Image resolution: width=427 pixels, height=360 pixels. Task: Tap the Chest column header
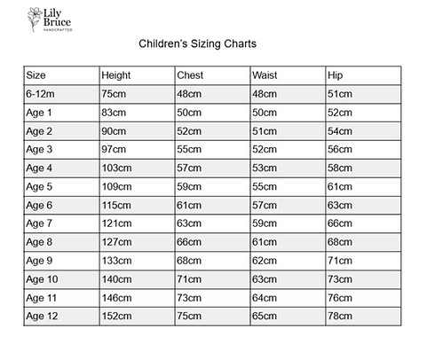tap(191, 74)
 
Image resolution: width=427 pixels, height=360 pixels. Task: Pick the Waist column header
tap(265, 74)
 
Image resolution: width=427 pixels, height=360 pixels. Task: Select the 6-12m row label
tap(41, 93)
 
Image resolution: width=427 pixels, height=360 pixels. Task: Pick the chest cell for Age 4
tap(189, 168)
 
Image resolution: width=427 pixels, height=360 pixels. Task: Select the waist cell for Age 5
tap(265, 186)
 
